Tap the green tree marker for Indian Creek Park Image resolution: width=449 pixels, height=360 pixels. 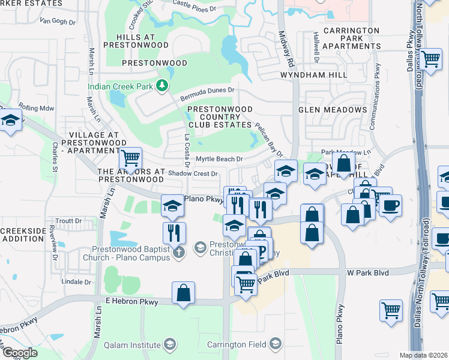click(161, 86)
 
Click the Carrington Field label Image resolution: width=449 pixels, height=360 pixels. click(236, 344)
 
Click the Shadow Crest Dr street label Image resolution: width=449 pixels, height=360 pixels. click(192, 173)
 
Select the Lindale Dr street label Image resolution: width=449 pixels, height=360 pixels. click(76, 281)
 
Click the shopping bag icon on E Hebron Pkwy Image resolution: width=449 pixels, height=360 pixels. click(184, 293)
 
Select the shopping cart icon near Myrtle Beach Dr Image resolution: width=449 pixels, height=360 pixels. click(130, 158)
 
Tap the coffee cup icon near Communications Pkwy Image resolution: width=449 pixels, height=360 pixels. click(390, 205)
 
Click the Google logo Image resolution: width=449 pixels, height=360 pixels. click(20, 353)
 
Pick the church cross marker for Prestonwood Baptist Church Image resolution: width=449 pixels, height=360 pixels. click(178, 253)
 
